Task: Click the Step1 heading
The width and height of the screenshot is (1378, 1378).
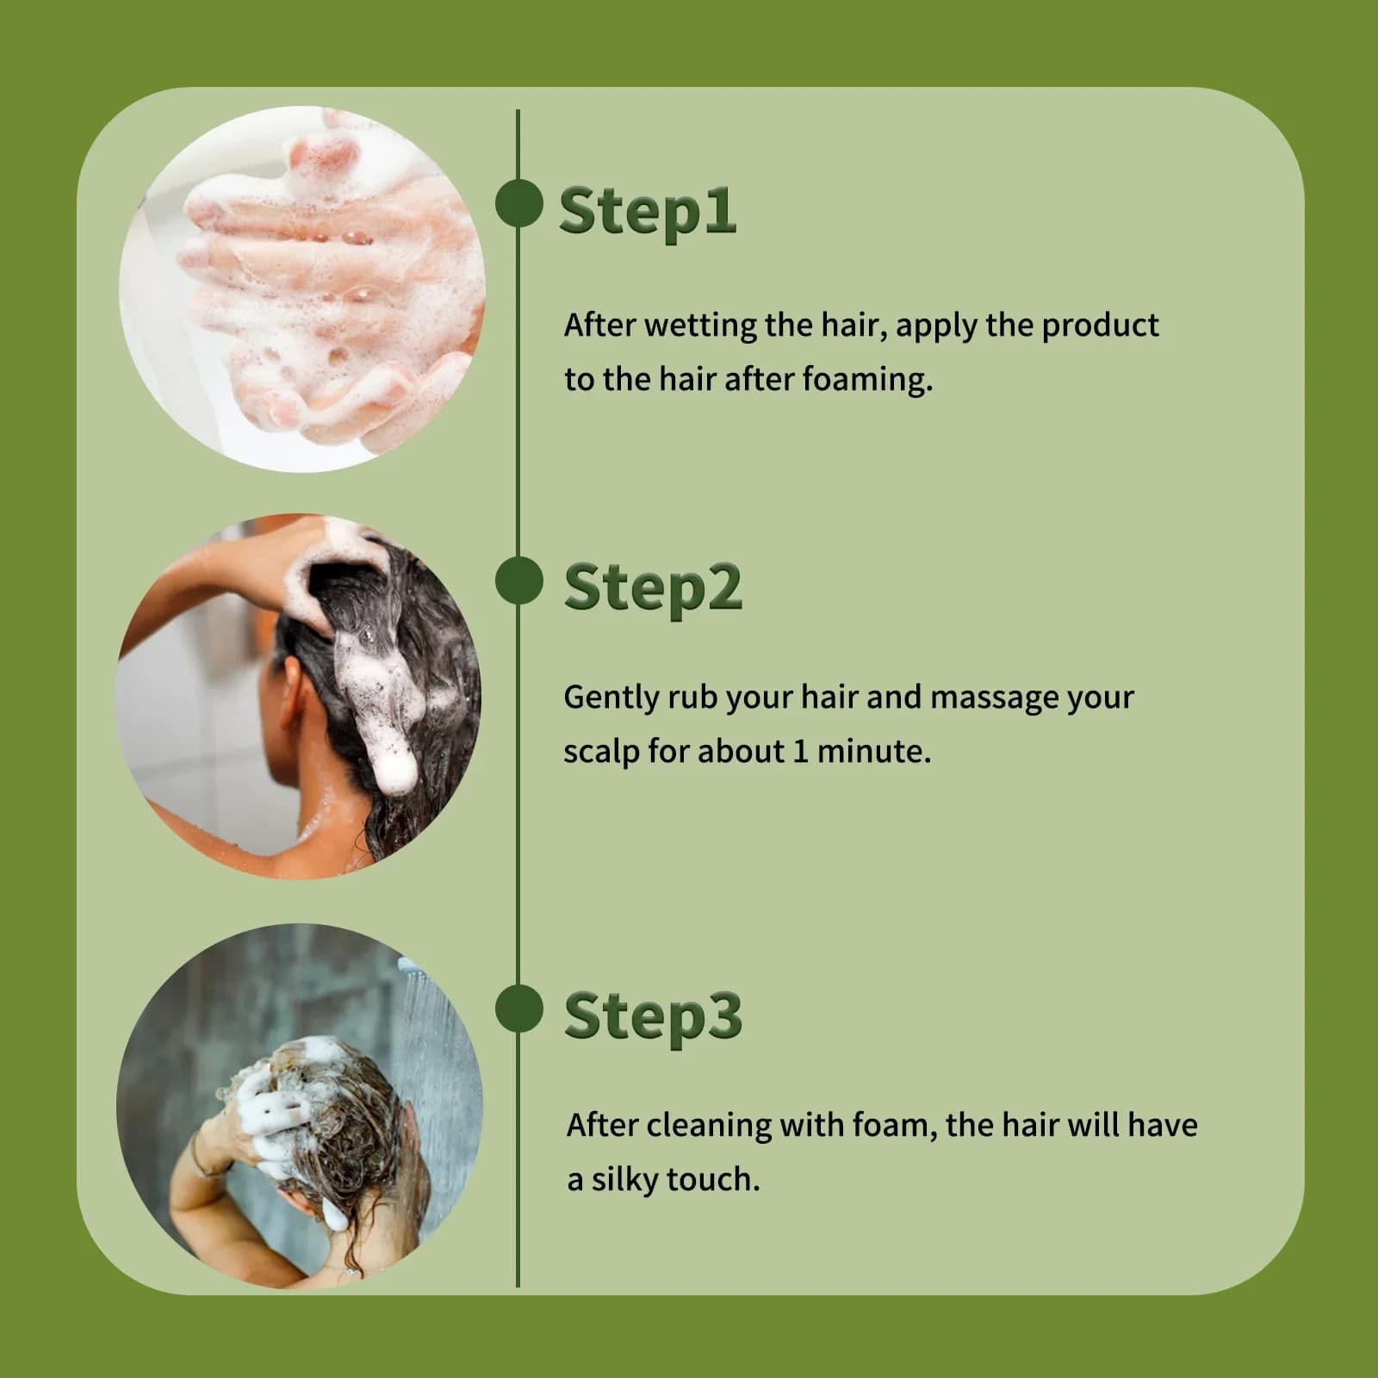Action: pos(648,212)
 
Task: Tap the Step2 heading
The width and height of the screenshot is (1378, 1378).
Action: pos(653,588)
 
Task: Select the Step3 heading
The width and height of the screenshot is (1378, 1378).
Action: pos(653,1017)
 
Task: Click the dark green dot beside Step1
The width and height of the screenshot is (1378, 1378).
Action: pos(518,205)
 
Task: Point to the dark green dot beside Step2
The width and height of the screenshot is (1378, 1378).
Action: pos(518,581)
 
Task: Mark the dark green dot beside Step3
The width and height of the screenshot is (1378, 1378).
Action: pos(518,1009)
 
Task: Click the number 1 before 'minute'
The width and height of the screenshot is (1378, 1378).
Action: pos(800,752)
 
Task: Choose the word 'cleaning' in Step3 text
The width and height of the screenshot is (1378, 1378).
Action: pos(709,1127)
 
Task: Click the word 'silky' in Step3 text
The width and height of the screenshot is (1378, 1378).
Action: pos(624,1181)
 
